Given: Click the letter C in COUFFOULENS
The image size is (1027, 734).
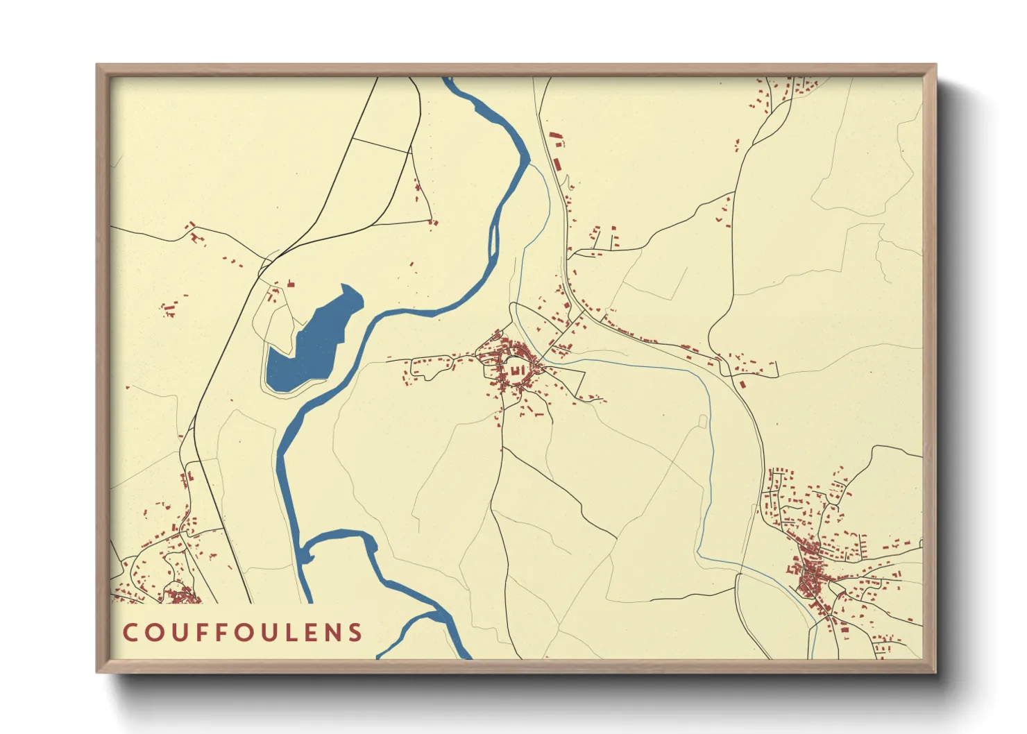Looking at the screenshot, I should (130, 632).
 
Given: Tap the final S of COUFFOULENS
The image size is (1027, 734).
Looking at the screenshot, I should (355, 632).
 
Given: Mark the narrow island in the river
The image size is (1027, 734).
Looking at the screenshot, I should (493, 239).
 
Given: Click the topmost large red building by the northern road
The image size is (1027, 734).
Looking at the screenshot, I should (553, 138).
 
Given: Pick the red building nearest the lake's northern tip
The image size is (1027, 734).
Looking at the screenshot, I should (291, 283).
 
